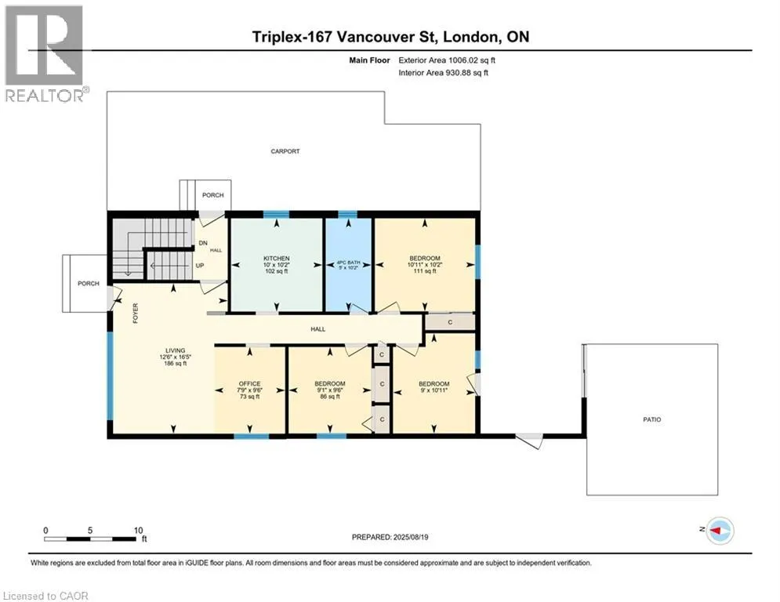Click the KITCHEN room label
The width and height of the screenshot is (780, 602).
point(276,258)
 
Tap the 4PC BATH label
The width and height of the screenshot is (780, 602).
point(348,262)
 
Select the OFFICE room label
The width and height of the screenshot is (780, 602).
point(250,383)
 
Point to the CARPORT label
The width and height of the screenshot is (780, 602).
point(285,151)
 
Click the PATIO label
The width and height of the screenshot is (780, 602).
point(651,419)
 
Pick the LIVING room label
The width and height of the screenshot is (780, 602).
point(175,350)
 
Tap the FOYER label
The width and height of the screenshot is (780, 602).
point(136,314)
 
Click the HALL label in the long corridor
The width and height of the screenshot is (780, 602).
point(317,329)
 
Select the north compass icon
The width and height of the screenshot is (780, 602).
point(720,531)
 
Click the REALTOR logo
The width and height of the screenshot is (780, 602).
point(45,54)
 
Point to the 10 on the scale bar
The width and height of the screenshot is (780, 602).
point(138,531)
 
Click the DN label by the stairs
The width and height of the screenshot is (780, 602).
point(203,243)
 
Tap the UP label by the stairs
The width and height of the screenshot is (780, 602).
point(199,266)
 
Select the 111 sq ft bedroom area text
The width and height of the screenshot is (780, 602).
point(425,271)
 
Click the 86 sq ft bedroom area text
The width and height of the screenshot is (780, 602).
point(330,397)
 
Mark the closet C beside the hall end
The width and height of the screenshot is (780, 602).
point(450,322)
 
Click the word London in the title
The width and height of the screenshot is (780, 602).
point(470,37)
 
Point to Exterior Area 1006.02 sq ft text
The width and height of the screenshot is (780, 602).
point(447,60)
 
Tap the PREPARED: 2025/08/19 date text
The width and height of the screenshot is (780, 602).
point(390,537)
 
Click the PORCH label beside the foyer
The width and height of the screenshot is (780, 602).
point(89,284)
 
